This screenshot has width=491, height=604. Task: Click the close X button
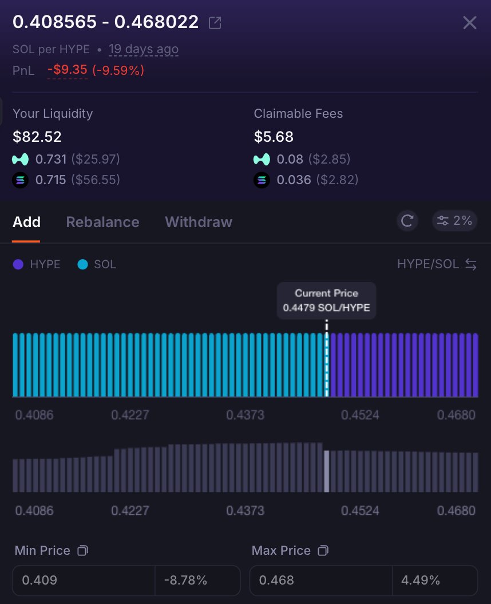pyautogui.click(x=470, y=23)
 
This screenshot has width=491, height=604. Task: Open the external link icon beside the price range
pyautogui.click(x=215, y=23)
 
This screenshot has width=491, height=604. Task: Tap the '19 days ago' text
pyautogui.click(x=144, y=50)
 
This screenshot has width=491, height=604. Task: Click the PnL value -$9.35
pyautogui.click(x=68, y=70)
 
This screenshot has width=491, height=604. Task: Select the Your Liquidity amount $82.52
pyautogui.click(x=37, y=137)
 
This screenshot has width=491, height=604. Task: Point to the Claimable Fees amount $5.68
pyautogui.click(x=274, y=137)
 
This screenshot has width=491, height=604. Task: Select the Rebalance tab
pyautogui.click(x=103, y=222)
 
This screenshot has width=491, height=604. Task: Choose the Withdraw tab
pyautogui.click(x=199, y=222)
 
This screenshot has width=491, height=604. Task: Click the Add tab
pyautogui.click(x=26, y=222)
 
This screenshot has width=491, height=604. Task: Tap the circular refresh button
pyautogui.click(x=407, y=221)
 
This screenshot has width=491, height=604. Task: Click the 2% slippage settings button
pyautogui.click(x=456, y=221)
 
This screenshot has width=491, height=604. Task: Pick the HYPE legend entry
pyautogui.click(x=37, y=265)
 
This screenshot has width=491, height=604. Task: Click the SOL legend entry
pyautogui.click(x=97, y=265)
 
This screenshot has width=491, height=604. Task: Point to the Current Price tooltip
pyautogui.click(x=326, y=300)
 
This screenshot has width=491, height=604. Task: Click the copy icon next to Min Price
pyautogui.click(x=83, y=551)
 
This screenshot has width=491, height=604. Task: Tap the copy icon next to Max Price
pyautogui.click(x=323, y=551)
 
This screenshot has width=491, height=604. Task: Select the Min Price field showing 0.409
pyautogui.click(x=84, y=581)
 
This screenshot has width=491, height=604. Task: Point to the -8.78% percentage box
pyautogui.click(x=197, y=581)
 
